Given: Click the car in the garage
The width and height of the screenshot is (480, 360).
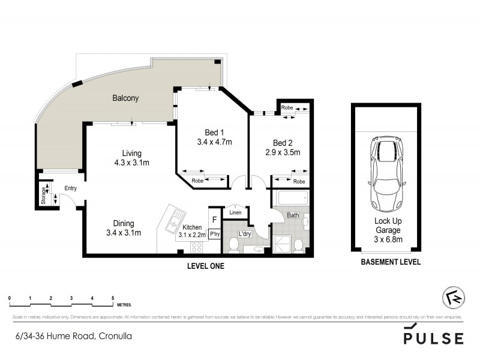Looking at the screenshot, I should tap(388, 173).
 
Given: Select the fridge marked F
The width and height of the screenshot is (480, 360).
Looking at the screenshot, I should tap(214, 220).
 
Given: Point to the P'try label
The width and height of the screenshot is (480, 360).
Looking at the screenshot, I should tap(214, 235).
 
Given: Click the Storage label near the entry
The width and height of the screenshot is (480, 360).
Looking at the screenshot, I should tap(44, 196).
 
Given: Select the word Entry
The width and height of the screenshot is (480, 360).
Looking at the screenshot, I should tap(71, 188).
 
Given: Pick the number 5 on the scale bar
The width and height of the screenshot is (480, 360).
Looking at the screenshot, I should tap(113, 298).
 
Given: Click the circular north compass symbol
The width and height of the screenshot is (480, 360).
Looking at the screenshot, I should tap(451, 298).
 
